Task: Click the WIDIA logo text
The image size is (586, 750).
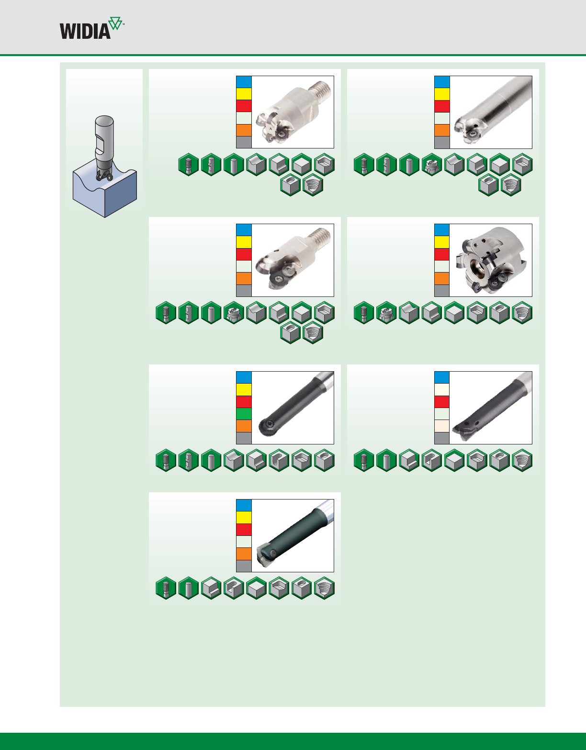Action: [85, 31]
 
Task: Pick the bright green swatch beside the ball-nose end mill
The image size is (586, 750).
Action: [244, 414]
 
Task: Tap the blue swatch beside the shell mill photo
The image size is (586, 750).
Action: [442, 230]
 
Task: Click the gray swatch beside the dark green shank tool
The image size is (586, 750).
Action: [244, 566]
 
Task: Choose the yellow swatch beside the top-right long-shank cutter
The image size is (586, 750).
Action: [442, 94]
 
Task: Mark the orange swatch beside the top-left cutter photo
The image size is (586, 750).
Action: [244, 130]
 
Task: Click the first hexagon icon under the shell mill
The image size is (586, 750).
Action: [363, 314]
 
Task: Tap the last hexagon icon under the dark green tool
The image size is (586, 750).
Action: [324, 587]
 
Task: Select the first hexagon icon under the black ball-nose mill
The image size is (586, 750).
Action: [166, 461]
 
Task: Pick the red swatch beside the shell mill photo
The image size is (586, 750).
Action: [442, 254]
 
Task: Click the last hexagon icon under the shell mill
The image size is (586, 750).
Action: [522, 314]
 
